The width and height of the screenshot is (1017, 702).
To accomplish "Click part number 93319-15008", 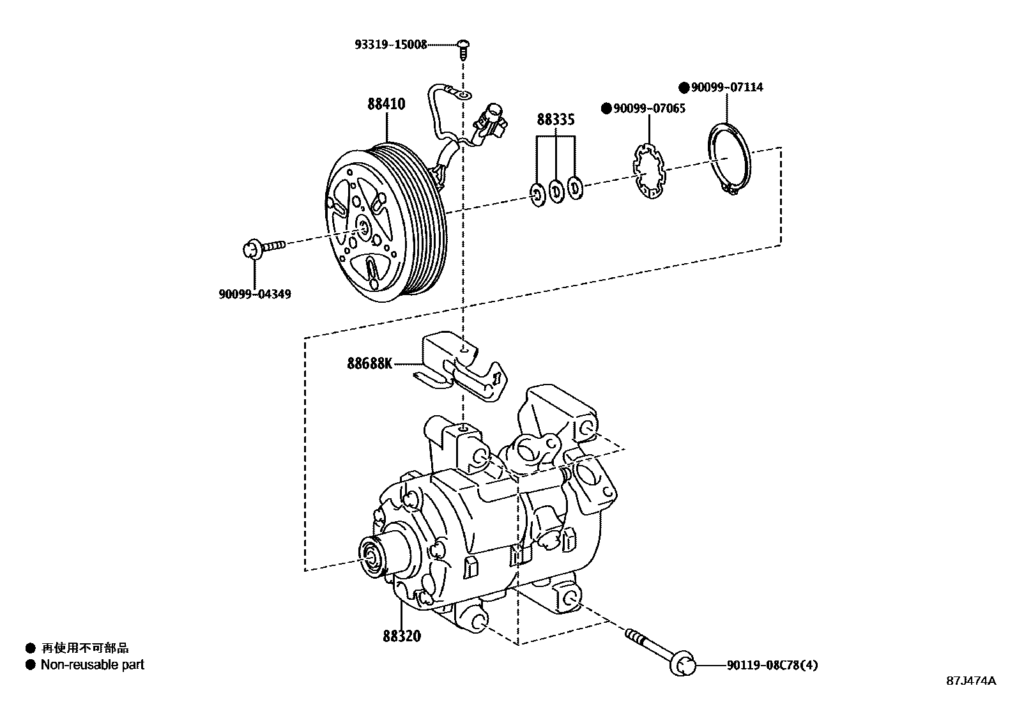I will coord(390,45).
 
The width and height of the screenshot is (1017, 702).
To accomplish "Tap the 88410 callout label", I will coord(386,104).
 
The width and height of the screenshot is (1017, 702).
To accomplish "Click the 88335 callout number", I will coord(555,119).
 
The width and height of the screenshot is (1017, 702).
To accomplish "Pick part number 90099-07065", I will coord(649,109).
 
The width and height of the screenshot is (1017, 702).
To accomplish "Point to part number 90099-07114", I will coord(726,87).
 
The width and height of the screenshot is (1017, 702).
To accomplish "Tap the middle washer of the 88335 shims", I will coord(556,191).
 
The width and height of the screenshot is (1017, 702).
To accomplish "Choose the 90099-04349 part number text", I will coord(254,294).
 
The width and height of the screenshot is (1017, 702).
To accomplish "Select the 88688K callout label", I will coord(369,363).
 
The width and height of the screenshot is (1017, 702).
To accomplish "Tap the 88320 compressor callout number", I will coord(402,636).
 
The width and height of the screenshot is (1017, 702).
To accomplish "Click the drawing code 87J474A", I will coord(970,681).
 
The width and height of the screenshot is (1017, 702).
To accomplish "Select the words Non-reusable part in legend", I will coord(93,665).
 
